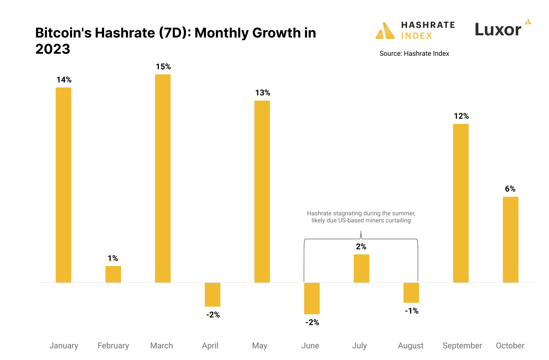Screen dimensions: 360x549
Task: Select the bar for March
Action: tap(163, 178)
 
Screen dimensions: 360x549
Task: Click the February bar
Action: tap(113, 274)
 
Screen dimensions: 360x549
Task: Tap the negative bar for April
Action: tap(212, 294)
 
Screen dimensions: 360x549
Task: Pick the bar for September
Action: tap(461, 203)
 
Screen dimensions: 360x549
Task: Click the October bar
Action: tap(510, 239)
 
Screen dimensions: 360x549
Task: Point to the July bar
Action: tap(361, 268)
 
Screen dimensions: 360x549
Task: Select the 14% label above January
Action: tap(64, 80)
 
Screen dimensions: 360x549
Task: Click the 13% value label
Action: tap(263, 93)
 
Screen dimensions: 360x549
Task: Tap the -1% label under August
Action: tap(411, 311)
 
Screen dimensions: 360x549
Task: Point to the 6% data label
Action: tap(510, 189)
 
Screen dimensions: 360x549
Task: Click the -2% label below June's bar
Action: tap(312, 322)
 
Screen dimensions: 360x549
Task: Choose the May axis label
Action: tap(260, 345)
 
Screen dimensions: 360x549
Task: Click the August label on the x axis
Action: tap(410, 345)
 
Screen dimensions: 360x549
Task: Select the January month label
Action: tap(64, 345)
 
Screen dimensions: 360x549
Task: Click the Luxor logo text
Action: tap(498, 30)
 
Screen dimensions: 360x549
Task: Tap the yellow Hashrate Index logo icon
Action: tap(385, 31)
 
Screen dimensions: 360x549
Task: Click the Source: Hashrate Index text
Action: tap(414, 53)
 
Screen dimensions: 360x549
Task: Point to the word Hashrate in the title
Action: tap(125, 33)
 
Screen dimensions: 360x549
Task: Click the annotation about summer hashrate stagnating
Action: tap(361, 217)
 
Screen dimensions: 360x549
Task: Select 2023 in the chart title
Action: tap(53, 49)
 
